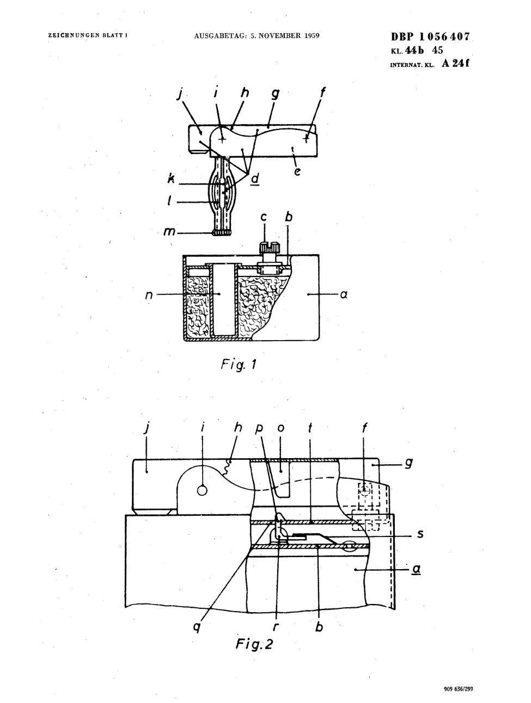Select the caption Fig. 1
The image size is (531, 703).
tap(239, 364)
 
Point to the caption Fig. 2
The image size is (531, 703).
tap(254, 644)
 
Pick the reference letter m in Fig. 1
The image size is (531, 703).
tap(169, 231)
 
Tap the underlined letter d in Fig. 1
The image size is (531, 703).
tap(255, 178)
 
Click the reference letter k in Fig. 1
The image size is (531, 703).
tap(171, 178)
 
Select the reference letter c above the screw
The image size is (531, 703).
tap(264, 217)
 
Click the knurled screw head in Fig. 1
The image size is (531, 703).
tap(269, 248)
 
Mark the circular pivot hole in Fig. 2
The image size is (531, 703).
tap(202, 490)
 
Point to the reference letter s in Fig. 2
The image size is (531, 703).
tap(420, 534)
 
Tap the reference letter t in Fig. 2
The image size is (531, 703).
tap(310, 428)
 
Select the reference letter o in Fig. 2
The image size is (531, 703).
tap(281, 429)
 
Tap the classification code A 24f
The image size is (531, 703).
tap(455, 64)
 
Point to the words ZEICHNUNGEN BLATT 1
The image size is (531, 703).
tap(88, 35)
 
